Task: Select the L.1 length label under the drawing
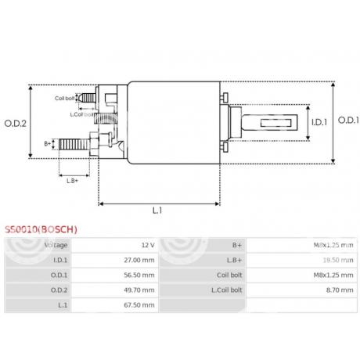point(157,210)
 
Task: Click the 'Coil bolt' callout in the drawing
point(65,98)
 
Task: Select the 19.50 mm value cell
point(325,261)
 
